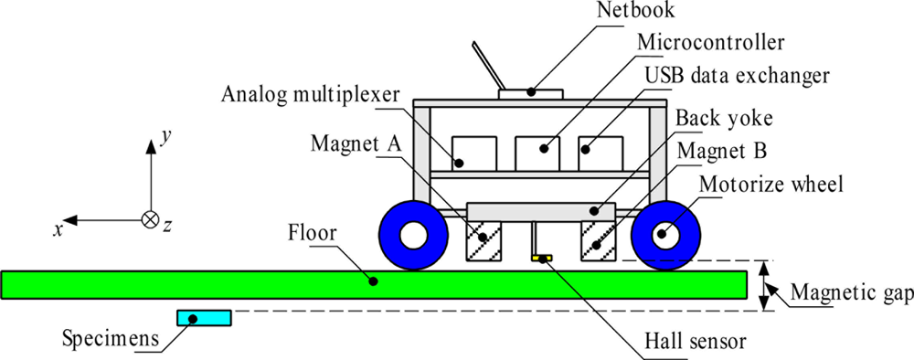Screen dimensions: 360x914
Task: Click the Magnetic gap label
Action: pyautogui.click(x=851, y=293)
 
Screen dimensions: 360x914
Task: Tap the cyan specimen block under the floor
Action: pyautogui.click(x=205, y=318)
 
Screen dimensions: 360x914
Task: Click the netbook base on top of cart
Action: pyautogui.click(x=532, y=92)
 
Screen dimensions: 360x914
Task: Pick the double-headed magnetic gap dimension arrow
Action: pyautogui.click(x=765, y=285)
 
